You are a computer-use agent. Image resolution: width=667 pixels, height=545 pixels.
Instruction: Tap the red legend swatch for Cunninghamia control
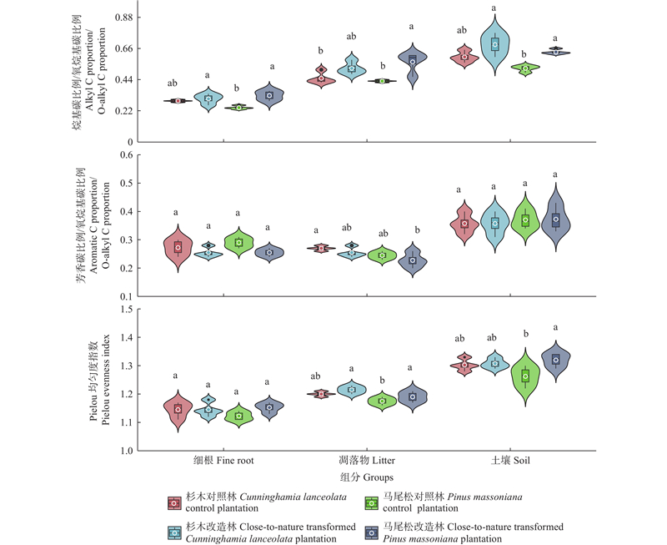pos(173,503)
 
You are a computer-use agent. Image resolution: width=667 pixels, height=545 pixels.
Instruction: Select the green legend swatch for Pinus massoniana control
pos(373,503)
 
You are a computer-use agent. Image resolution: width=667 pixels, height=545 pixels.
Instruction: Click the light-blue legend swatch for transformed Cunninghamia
pos(173,532)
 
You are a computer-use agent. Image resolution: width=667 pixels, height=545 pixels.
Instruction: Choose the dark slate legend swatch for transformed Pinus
pos(373,532)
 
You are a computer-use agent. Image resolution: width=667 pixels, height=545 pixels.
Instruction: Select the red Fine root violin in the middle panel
pos(178,248)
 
